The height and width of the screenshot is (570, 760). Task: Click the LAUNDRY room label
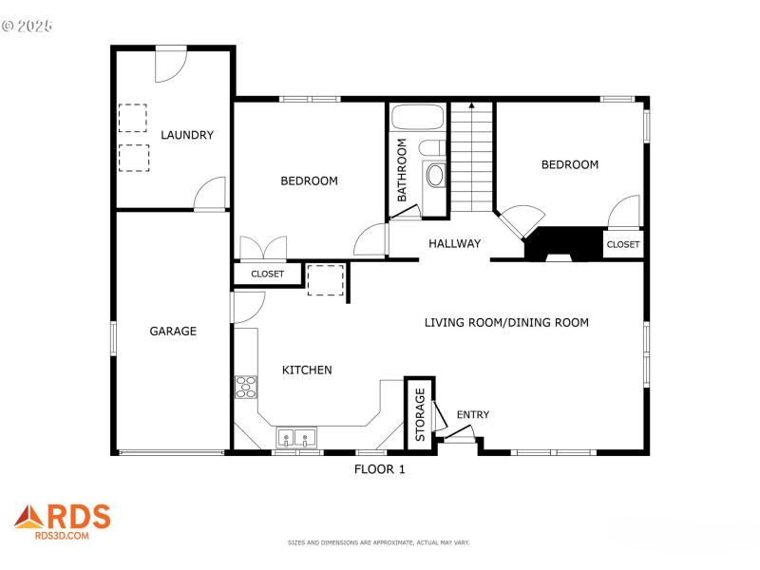coord(186,135)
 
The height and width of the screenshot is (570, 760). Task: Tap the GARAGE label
coord(173,332)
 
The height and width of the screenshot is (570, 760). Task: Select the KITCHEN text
coord(307,370)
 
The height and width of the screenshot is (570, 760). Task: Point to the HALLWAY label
coord(454,243)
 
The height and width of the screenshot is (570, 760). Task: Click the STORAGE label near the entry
coord(420,414)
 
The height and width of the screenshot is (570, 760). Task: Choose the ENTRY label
coord(473,414)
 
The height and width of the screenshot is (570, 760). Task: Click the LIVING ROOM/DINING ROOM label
coord(505,323)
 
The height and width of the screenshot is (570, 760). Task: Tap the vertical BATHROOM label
coord(402,170)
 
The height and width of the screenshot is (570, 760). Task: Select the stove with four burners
coord(246,386)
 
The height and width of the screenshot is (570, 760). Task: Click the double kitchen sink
coord(297,438)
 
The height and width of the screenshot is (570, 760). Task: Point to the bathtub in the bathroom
coord(417,119)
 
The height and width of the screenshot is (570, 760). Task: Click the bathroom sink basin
coord(435,175)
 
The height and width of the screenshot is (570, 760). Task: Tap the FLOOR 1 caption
coord(380,468)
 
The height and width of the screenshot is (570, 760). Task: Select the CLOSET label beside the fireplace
coord(623,244)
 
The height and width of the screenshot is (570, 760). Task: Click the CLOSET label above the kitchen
coord(267,274)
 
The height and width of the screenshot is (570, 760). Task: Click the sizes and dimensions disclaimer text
coord(379,542)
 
